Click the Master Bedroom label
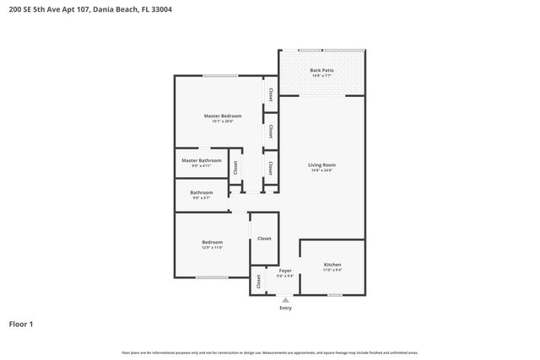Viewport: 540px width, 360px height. (x=223, y=116)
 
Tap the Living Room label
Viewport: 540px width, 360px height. (x=321, y=164)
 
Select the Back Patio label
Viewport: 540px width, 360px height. (x=321, y=70)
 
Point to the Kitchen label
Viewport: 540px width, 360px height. (x=332, y=265)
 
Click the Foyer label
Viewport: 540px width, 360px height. (x=285, y=271)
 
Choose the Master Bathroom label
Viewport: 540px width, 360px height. (x=202, y=160)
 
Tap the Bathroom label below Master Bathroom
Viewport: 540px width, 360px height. (x=202, y=192)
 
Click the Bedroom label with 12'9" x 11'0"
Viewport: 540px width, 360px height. (x=211, y=243)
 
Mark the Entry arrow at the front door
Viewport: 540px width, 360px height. (x=285, y=298)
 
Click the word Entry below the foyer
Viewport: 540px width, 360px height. (x=285, y=308)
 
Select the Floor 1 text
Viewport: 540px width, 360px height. (x=21, y=324)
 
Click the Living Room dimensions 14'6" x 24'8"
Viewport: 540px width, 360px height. (x=321, y=170)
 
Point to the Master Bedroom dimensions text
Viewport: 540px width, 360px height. (x=223, y=121)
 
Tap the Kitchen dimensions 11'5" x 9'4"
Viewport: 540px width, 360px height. (x=332, y=271)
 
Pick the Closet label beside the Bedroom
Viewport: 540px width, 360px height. (x=264, y=239)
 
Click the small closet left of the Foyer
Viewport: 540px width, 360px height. (x=256, y=282)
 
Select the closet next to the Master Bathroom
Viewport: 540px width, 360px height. (x=235, y=167)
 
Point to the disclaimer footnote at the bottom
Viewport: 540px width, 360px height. (x=270, y=352)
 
